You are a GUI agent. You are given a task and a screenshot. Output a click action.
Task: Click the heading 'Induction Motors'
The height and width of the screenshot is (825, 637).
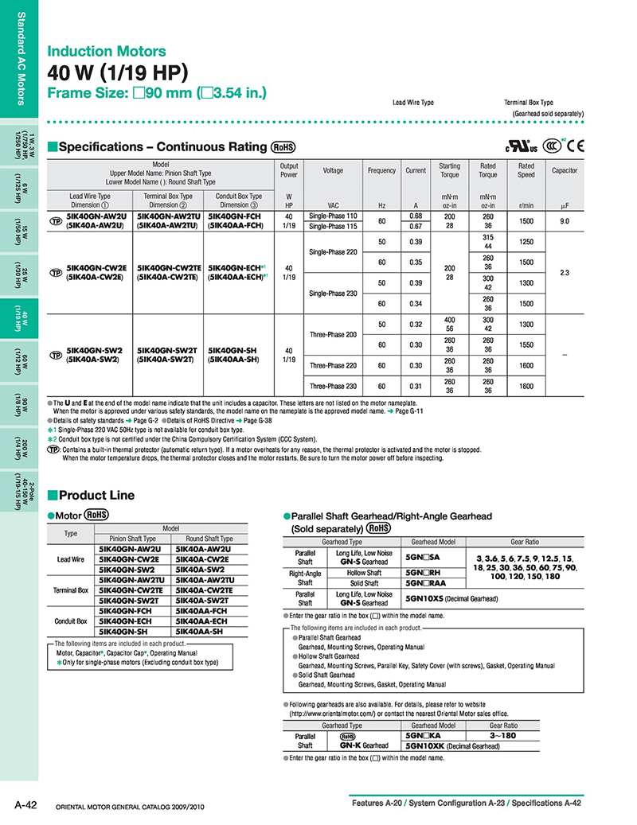107,52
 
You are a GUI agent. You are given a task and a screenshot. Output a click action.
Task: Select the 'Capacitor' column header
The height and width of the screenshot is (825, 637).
565,170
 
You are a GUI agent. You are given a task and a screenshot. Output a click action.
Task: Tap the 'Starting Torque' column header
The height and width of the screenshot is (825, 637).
449,170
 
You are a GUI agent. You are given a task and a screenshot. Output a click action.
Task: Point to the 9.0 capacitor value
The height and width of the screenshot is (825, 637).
565,220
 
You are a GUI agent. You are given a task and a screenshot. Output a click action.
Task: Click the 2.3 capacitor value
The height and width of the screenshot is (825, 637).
565,273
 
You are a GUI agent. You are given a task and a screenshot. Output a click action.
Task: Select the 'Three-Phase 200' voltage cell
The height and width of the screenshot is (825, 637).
333,334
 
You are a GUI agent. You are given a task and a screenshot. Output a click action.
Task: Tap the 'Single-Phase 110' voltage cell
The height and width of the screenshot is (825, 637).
333,216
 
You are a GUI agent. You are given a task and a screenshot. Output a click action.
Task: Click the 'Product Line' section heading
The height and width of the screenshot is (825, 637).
96,495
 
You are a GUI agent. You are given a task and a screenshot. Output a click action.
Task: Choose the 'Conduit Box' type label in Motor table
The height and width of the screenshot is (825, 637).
71,621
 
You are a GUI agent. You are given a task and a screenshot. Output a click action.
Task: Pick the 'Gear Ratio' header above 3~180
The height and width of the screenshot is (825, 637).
503,726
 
